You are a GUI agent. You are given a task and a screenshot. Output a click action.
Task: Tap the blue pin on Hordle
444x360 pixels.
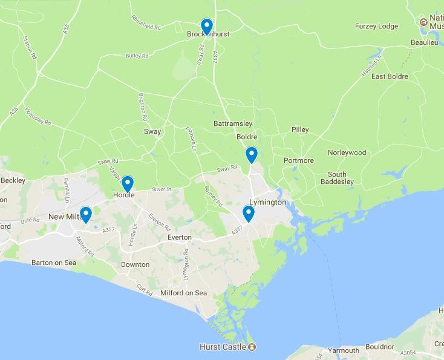point(127,183)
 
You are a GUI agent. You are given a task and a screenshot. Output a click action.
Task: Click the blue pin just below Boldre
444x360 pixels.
point(251,155)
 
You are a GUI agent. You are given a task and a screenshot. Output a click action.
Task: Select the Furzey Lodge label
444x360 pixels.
point(376,26)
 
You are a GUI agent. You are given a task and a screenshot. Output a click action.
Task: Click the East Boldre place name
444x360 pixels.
point(390,76)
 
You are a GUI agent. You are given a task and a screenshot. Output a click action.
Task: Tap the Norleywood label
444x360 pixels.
point(347,152)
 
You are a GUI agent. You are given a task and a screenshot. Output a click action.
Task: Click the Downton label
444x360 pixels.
point(135,264)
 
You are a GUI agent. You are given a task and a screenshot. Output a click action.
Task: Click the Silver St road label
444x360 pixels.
point(162,189)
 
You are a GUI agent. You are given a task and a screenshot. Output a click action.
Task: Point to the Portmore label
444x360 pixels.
point(298,160)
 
